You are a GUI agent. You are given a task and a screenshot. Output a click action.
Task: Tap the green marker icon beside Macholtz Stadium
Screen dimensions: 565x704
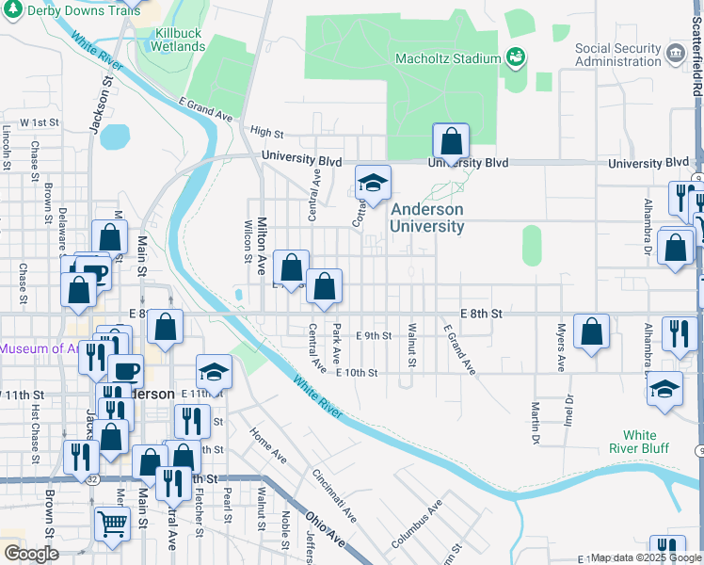coord(515,58)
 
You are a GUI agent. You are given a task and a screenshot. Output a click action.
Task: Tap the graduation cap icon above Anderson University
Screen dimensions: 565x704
coord(373,183)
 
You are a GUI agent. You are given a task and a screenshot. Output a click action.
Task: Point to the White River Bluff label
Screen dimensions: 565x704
coord(640,443)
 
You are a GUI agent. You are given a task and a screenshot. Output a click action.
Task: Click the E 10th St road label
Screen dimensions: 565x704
coord(357,373)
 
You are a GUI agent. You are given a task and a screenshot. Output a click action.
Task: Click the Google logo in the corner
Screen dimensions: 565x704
coord(30,553)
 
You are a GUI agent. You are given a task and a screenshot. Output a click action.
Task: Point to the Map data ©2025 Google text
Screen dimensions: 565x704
coord(646,558)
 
